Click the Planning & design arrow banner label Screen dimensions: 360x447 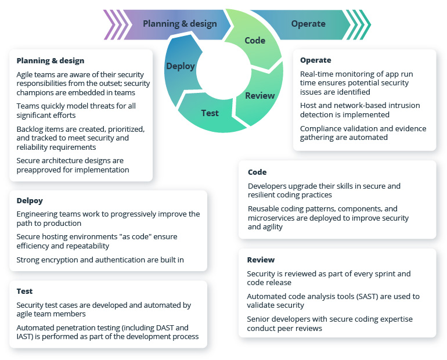click(x=179, y=24)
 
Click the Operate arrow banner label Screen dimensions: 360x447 click(x=308, y=24)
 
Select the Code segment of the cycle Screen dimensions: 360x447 click(x=255, y=41)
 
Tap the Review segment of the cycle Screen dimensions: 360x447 click(x=259, y=96)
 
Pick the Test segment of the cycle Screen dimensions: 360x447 click(x=210, y=113)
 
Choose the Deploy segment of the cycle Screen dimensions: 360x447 click(x=180, y=66)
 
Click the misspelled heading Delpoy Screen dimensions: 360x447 click(x=29, y=200)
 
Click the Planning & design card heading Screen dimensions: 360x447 click(x=50, y=60)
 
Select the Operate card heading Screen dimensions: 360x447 click(x=315, y=60)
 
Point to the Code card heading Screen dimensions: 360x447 click(x=257, y=172)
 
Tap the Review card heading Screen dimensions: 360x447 click(x=261, y=260)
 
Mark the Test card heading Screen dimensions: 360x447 click(x=24, y=291)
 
